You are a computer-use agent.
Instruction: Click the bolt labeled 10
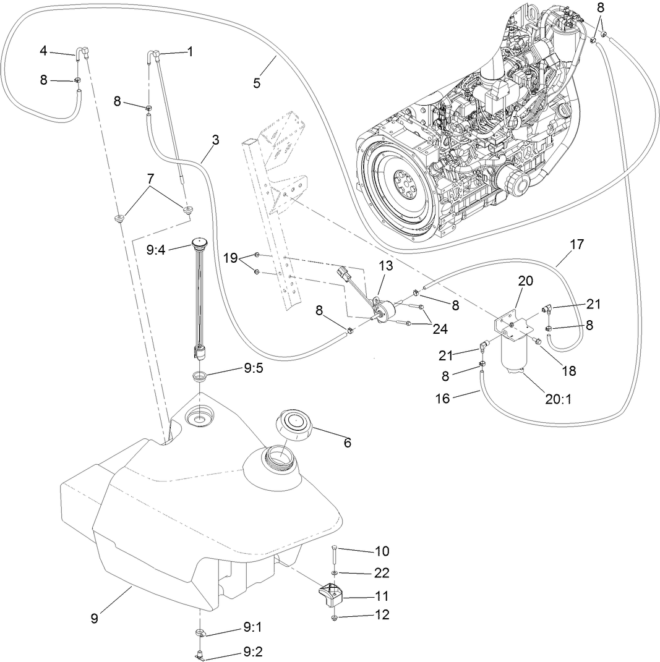334,554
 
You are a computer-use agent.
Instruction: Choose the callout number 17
576,245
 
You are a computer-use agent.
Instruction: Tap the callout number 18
568,371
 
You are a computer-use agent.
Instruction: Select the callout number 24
440,329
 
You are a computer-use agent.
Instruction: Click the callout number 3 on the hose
215,140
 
